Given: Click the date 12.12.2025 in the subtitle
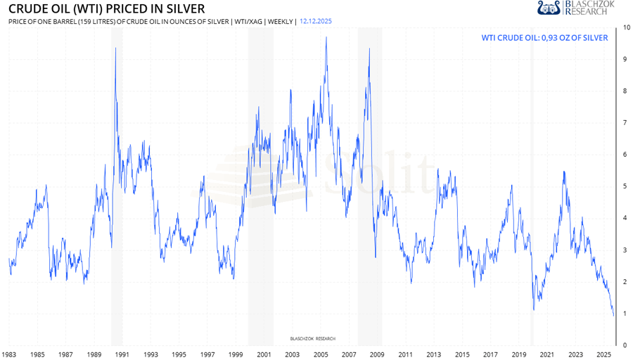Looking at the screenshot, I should click(316, 21).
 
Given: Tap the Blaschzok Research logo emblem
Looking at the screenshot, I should click(549, 8).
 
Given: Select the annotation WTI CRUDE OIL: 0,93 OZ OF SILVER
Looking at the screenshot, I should click(544, 37).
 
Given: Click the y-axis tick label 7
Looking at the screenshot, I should click(625, 123).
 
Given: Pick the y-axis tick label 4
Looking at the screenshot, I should click(625, 218).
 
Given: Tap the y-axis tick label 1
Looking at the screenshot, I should click(625, 314).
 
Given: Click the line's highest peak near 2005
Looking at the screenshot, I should click(326, 37).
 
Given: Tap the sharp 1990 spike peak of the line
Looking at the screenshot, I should click(115, 48).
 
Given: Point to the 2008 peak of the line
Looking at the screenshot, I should click(370, 48).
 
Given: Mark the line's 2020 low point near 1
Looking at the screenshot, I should click(534, 310).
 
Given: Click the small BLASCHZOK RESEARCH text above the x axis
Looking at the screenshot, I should click(313, 338).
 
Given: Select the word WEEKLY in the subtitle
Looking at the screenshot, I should click(281, 21).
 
